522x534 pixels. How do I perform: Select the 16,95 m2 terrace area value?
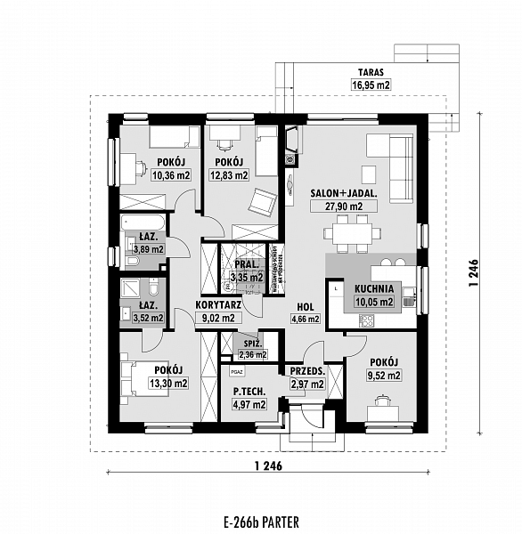coord(371,86)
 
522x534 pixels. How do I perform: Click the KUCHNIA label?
coord(375,289)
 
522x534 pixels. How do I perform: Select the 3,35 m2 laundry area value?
coord(246,278)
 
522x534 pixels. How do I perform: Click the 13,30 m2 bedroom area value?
coord(168,384)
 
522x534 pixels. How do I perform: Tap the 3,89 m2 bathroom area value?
coord(147,250)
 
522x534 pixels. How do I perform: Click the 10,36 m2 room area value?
coord(171,175)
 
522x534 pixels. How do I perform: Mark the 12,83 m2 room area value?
coord(229,175)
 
